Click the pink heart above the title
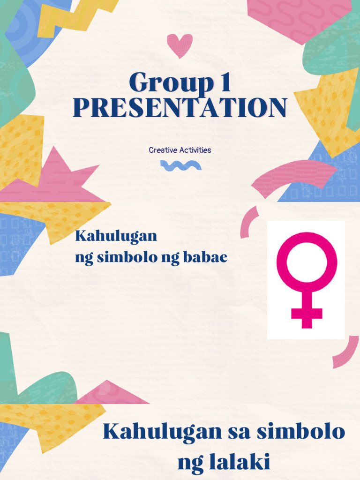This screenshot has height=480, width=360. (180, 45)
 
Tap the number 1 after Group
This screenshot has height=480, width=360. (223, 83)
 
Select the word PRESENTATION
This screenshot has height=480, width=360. (180, 107)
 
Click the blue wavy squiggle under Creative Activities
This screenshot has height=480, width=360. (180, 165)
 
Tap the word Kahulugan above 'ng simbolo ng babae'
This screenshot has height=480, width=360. (116, 236)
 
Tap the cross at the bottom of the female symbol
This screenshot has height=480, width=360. (307, 314)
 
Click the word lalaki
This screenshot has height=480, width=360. (224, 462)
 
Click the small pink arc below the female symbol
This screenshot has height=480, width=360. (346, 354)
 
